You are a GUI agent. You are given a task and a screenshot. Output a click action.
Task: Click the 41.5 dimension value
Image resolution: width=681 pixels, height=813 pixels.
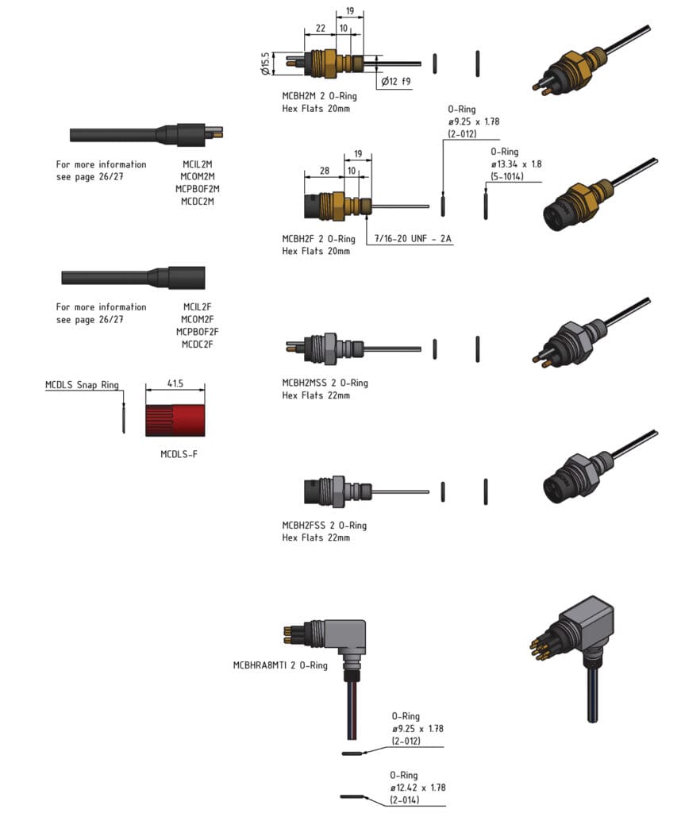[175, 383]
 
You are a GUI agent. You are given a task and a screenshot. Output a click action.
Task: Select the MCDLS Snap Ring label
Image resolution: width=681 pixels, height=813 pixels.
[82, 385]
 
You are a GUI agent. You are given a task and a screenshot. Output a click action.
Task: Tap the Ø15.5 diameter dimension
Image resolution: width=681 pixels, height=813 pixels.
[265, 61]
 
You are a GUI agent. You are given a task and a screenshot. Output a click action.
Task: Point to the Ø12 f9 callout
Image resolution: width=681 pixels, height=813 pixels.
[396, 81]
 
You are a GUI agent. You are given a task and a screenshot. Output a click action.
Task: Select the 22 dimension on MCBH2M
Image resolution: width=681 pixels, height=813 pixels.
[320, 28]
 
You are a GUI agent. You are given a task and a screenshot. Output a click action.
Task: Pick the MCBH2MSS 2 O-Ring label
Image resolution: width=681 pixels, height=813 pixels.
[325, 383]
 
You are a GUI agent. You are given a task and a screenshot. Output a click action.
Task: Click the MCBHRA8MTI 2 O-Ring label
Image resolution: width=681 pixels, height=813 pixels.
[280, 665]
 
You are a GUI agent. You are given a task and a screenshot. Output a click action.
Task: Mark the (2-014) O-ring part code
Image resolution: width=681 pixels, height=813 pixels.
[405, 800]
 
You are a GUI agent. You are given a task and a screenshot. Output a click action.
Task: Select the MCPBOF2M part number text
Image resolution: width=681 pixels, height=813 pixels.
[197, 189]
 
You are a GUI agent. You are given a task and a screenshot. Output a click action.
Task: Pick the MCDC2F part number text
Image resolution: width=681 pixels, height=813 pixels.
[197, 344]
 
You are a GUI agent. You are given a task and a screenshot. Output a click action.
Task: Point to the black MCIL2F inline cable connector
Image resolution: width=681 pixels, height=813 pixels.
[133, 277]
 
